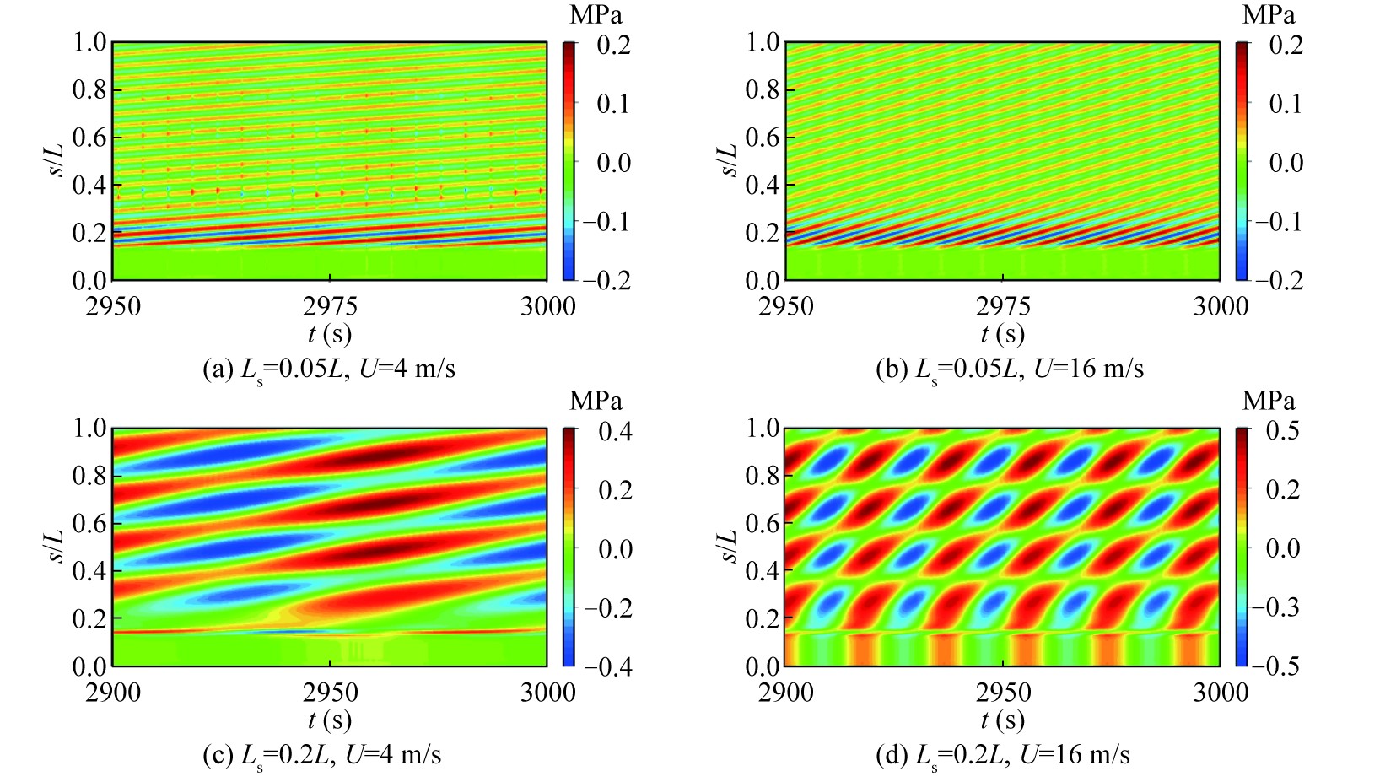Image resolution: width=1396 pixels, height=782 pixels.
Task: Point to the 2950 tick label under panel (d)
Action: tap(1003, 692)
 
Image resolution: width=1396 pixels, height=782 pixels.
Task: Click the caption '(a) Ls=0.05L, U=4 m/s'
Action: tap(329, 369)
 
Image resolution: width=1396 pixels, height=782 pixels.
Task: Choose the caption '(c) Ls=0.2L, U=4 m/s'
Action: tap(322, 754)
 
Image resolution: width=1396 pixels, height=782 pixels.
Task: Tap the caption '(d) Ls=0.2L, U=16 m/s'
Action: tap(1003, 754)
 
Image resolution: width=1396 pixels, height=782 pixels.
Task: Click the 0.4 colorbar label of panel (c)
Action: tap(615, 430)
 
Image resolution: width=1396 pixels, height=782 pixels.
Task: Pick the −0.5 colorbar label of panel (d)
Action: tap(1279, 666)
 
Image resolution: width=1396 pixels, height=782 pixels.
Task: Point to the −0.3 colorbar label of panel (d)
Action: tap(1279, 607)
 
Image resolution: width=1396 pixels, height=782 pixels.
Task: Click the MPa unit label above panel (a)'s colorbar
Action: tap(596, 14)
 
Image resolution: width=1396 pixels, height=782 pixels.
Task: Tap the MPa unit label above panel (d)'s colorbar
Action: tap(1268, 401)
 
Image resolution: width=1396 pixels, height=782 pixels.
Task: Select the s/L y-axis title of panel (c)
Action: tap(55, 546)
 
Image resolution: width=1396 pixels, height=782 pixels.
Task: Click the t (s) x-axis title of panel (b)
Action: tap(1003, 334)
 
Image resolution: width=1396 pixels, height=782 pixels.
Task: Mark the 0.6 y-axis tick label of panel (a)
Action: tap(89, 137)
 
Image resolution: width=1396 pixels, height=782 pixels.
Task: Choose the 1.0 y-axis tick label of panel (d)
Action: tap(763, 428)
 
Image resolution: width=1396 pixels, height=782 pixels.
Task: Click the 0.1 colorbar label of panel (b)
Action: tap(1286, 103)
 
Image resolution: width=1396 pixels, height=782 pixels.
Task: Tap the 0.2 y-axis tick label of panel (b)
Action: tap(763, 232)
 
